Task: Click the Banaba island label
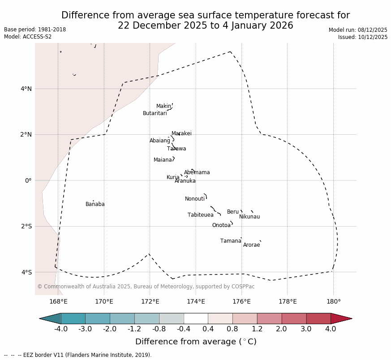(95, 204)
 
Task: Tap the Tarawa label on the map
(176, 149)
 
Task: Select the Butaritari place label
(155, 113)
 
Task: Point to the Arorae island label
(251, 245)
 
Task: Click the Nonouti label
(195, 199)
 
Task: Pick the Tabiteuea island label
(200, 215)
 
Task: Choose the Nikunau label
(249, 217)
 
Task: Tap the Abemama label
(197, 172)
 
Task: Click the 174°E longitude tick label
(196, 301)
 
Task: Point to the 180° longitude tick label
(333, 301)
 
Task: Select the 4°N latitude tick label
(26, 89)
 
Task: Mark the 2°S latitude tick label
(26, 226)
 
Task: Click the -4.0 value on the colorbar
(61, 329)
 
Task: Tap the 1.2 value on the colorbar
(257, 329)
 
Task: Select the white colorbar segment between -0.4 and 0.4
(196, 318)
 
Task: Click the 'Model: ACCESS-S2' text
(28, 37)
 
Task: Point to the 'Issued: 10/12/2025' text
(363, 37)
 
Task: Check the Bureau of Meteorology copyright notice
(146, 287)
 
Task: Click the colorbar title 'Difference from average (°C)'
(196, 342)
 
